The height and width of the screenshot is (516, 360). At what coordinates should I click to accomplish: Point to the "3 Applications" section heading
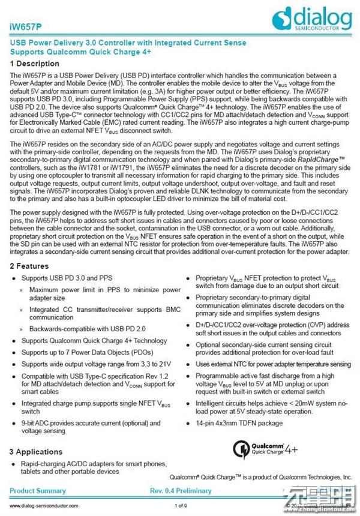pyautogui.click(x=37, y=451)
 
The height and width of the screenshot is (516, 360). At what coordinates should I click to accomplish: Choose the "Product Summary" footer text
pyautogui.click(x=38, y=491)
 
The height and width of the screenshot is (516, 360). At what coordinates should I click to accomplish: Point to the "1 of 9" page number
pyautogui.click(x=181, y=506)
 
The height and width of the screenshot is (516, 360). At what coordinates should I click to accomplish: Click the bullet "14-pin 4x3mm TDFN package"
pyautogui.click(x=239, y=422)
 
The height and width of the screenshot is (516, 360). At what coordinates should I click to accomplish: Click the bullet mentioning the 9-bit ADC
pyautogui.click(x=91, y=427)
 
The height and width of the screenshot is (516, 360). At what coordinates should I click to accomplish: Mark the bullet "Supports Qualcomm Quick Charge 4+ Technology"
pyautogui.click(x=94, y=340)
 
